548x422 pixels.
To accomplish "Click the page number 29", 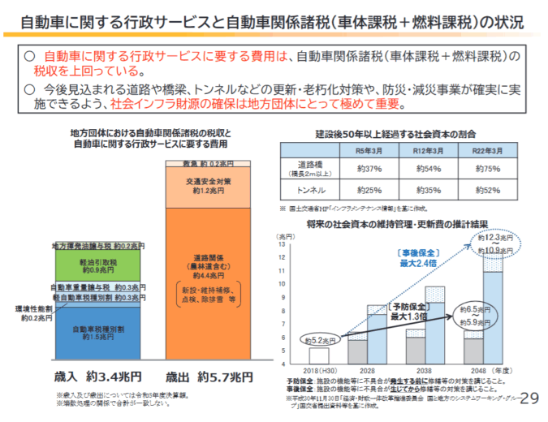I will point(528,397).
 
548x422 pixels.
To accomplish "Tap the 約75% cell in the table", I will point(490,169).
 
